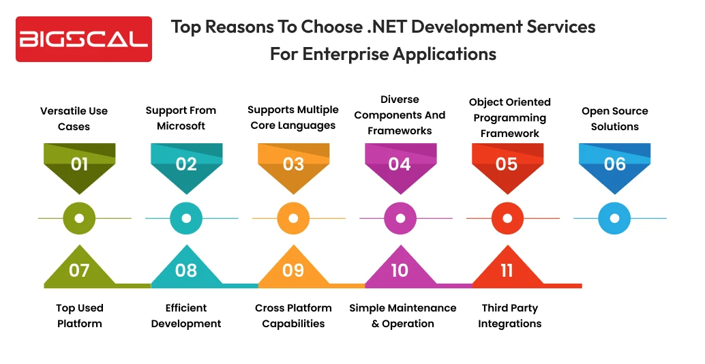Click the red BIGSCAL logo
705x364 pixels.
(84, 39)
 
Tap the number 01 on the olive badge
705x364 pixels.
(79, 164)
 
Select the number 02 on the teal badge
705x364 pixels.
(186, 164)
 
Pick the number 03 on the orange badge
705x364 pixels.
(293, 164)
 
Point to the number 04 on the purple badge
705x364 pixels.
(400, 164)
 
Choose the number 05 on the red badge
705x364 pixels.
(507, 164)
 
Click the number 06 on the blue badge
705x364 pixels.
(614, 164)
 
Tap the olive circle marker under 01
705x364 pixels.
(79, 218)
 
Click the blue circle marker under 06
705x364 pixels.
(614, 218)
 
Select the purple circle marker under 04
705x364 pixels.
(400, 218)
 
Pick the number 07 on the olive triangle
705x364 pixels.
(79, 271)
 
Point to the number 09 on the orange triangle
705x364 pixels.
(293, 271)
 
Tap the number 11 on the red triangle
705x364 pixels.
(507, 271)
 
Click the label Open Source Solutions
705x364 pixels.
(614, 119)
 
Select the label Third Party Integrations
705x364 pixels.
(509, 316)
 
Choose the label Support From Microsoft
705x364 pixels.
(181, 118)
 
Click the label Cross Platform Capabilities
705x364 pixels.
(293, 316)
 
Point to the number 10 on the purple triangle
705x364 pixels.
(400, 271)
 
